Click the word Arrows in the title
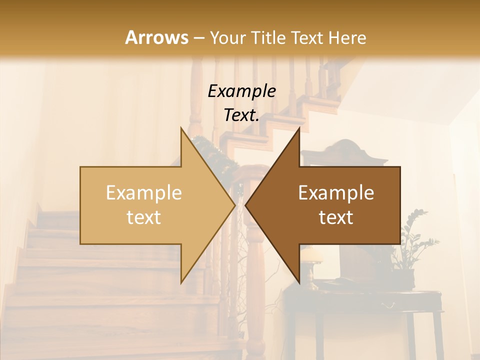156,37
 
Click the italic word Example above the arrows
241,91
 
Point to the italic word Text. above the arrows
241,115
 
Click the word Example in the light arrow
143,192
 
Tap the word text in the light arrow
143,217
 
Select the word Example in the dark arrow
336,192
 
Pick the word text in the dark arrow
336,217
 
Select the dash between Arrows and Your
198,37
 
